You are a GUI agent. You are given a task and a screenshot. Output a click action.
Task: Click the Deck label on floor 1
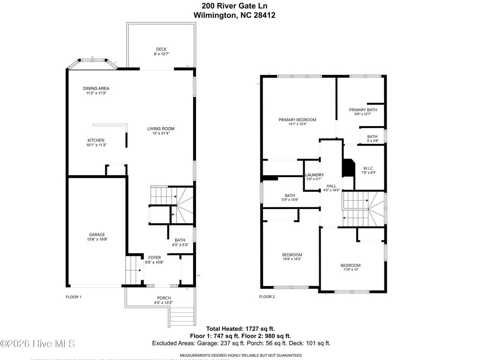(161, 49)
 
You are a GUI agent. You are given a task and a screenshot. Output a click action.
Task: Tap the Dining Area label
(96, 88)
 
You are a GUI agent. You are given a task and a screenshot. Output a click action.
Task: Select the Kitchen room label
(96, 140)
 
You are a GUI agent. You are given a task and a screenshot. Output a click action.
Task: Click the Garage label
(97, 235)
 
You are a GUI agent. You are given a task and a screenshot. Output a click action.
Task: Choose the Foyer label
(155, 257)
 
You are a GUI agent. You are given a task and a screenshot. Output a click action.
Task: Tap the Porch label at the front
(164, 298)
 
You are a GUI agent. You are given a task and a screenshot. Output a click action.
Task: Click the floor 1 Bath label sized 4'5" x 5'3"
(180, 240)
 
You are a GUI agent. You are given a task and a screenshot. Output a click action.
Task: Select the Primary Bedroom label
(297, 120)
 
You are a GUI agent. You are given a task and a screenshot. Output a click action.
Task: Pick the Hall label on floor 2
(331, 185)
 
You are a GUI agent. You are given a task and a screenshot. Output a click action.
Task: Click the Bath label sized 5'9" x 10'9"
(290, 195)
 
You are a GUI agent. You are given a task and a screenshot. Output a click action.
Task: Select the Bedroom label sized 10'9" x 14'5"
(292, 255)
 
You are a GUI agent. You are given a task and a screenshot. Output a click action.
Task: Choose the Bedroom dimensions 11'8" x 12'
(350, 270)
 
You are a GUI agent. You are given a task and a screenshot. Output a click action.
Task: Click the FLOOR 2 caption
(267, 297)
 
